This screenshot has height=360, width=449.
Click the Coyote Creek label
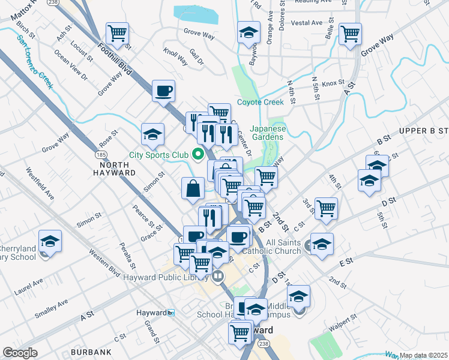(260, 102)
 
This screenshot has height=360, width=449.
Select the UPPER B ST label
(424, 130)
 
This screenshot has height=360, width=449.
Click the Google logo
(20, 353)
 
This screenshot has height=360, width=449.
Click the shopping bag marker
(194, 188)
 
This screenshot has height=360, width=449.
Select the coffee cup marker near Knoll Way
(163, 92)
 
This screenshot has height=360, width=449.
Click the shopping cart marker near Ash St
(118, 34)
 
